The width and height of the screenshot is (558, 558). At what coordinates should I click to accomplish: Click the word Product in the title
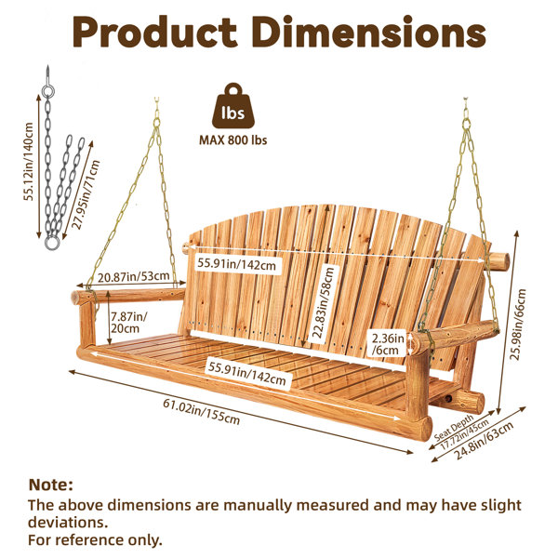(x=154, y=33)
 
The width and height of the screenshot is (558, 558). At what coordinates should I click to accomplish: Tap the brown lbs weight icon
(x=233, y=106)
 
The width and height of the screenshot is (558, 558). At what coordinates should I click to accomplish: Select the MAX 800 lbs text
(x=233, y=140)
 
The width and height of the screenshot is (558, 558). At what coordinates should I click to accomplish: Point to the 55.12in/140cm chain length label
(x=29, y=162)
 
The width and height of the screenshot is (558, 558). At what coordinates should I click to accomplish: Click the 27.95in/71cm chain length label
(x=86, y=194)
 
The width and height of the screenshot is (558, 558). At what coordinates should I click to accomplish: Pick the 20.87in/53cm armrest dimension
(x=133, y=277)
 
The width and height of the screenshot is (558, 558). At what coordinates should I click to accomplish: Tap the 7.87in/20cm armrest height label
(x=128, y=322)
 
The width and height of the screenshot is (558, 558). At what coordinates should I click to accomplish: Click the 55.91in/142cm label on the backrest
(x=236, y=264)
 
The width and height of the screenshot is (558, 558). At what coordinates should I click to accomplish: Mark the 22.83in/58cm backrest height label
(x=324, y=302)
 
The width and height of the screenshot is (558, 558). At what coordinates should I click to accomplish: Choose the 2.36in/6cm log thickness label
(x=388, y=344)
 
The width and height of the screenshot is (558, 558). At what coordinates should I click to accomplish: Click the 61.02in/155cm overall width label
(x=202, y=411)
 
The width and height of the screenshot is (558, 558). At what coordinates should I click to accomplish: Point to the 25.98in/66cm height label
(x=519, y=325)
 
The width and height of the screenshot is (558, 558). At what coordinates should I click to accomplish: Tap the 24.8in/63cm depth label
(x=485, y=441)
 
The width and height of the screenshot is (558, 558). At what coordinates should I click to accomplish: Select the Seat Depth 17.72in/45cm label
(x=460, y=432)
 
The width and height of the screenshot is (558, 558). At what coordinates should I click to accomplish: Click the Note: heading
(x=50, y=485)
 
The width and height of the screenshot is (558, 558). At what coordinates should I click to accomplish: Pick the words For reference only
(x=95, y=539)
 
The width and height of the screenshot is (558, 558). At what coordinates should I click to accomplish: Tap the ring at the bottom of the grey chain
(x=52, y=244)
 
